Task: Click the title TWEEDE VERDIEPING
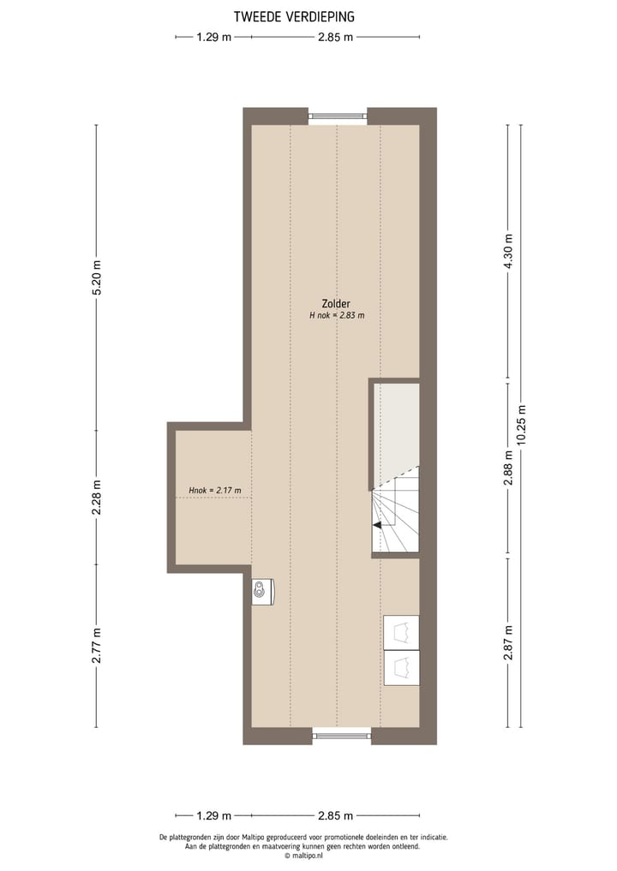294,16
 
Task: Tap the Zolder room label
336,303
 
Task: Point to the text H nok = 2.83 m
337,315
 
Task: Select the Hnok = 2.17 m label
214,491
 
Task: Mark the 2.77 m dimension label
96,645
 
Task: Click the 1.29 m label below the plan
213,816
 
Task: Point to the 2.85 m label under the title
335,37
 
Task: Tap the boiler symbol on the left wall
262,590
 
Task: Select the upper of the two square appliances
401,633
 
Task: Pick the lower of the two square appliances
401,668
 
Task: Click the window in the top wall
338,117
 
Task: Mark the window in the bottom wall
342,734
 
